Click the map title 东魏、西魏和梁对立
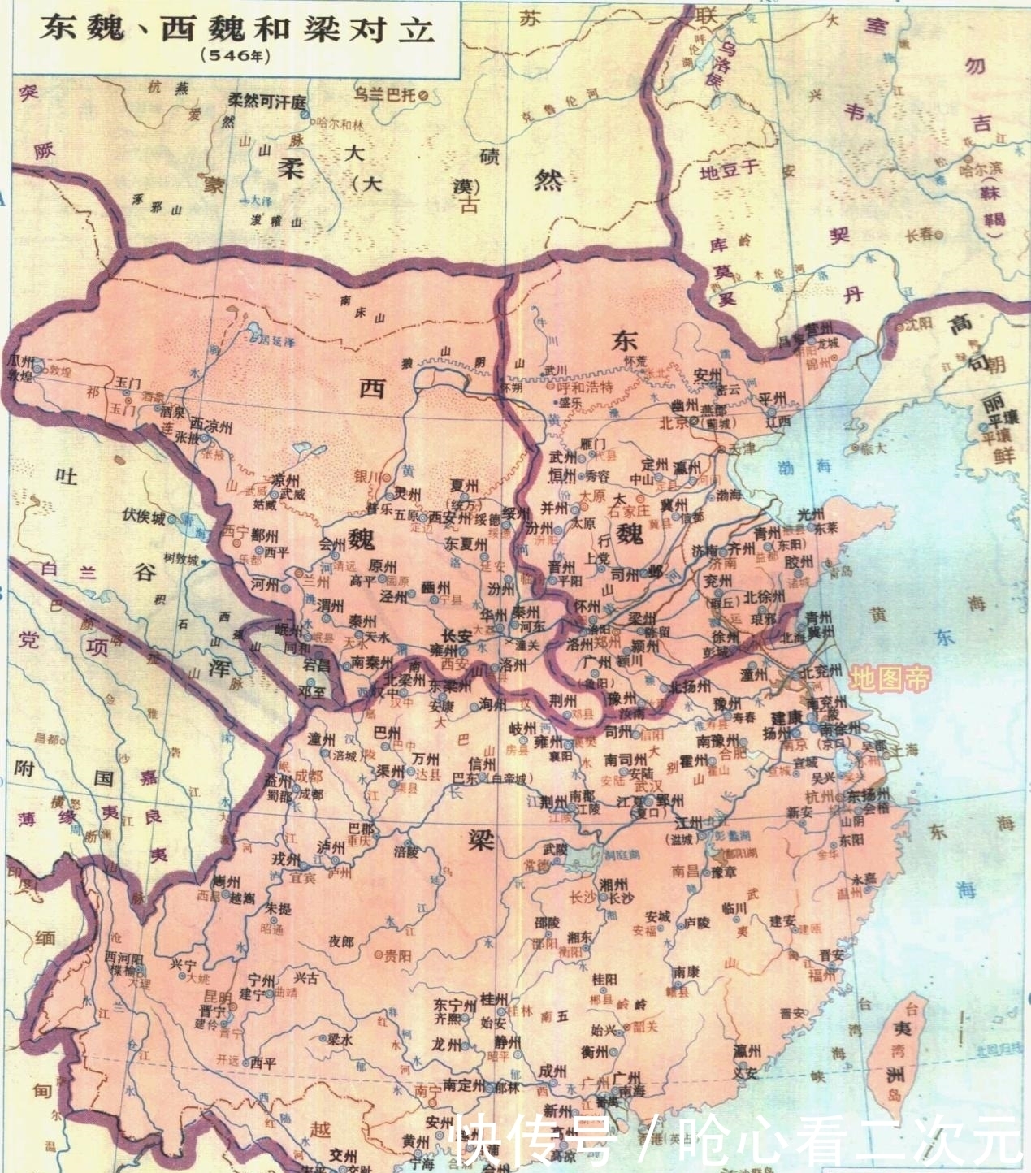click(x=238, y=29)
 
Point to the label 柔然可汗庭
click(x=266, y=102)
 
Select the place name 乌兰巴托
click(x=384, y=95)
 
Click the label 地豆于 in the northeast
click(x=729, y=171)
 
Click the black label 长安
click(x=457, y=637)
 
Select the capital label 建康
click(x=786, y=717)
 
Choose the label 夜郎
click(x=341, y=941)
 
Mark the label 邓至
click(x=312, y=692)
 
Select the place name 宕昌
click(x=317, y=664)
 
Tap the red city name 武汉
click(x=648, y=786)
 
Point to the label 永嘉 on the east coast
click(x=863, y=879)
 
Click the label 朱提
click(x=278, y=908)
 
